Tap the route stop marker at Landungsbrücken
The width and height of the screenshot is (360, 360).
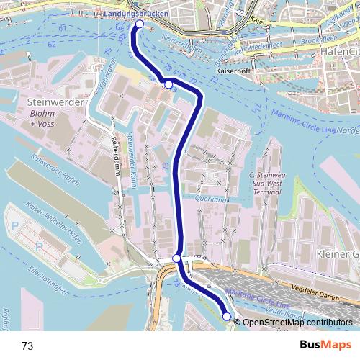(139, 24)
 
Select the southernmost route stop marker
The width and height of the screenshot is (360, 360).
(227, 316)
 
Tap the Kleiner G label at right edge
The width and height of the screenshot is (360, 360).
(336, 254)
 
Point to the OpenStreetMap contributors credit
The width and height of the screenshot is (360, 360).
(299, 323)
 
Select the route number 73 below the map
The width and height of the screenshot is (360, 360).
(27, 346)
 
